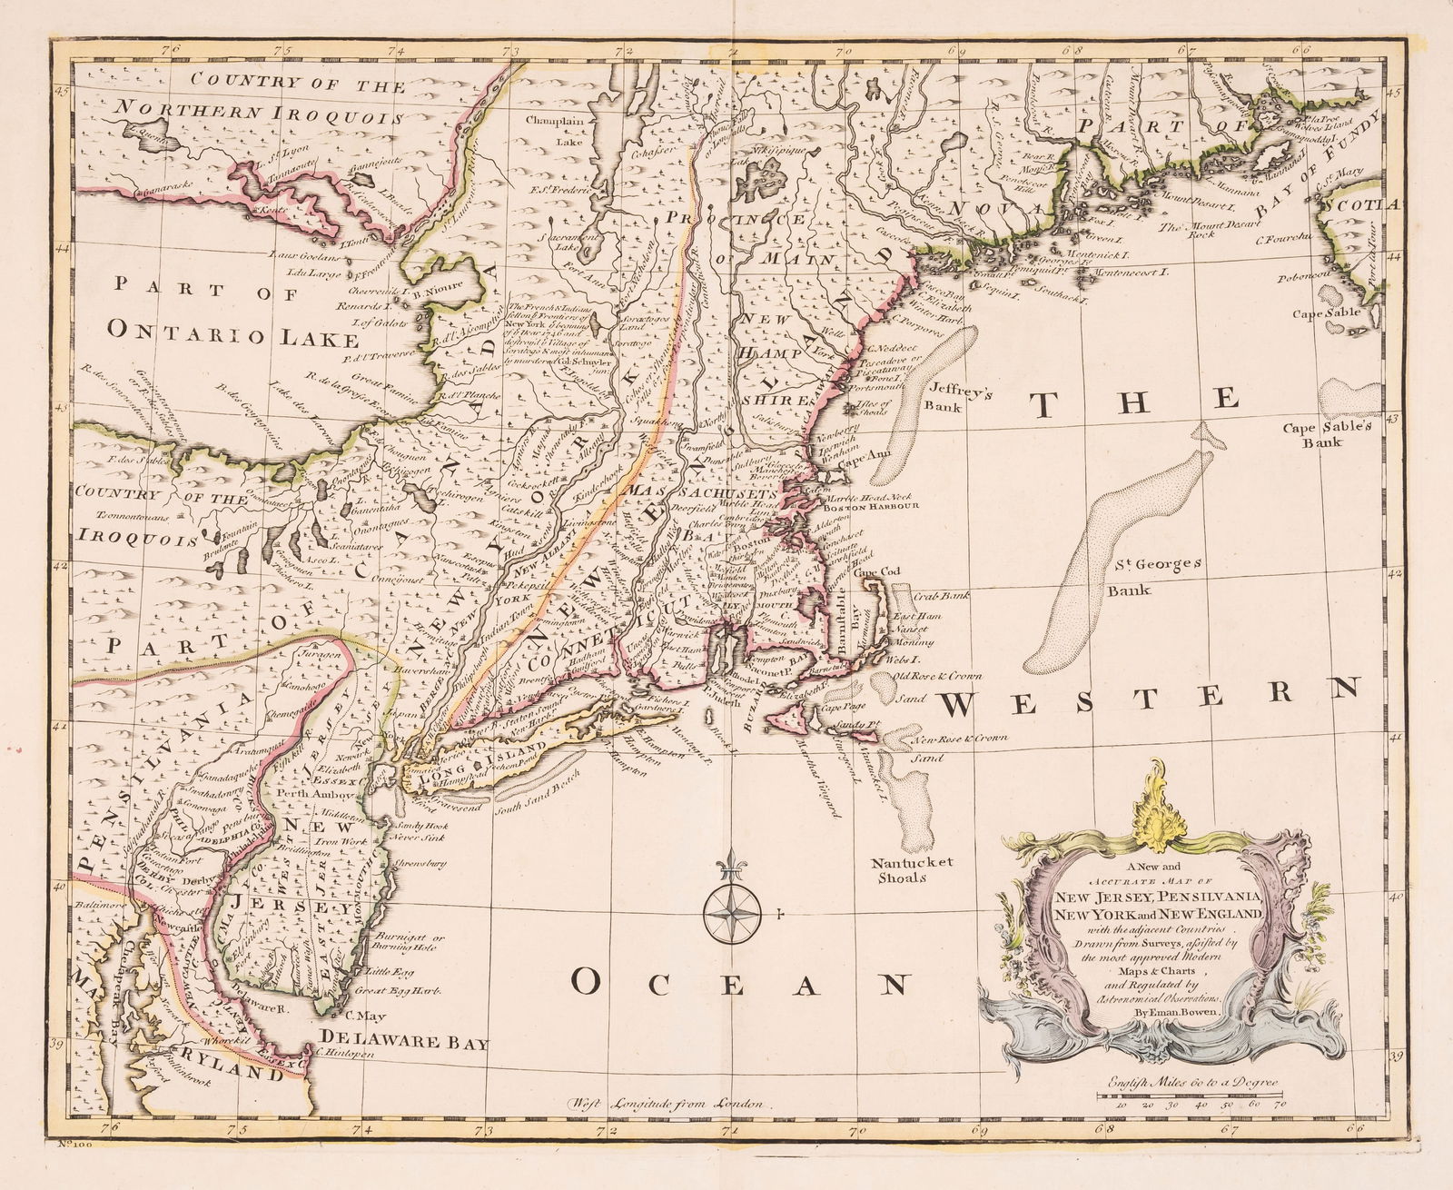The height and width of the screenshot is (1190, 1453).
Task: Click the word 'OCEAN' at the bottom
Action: (740, 983)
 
